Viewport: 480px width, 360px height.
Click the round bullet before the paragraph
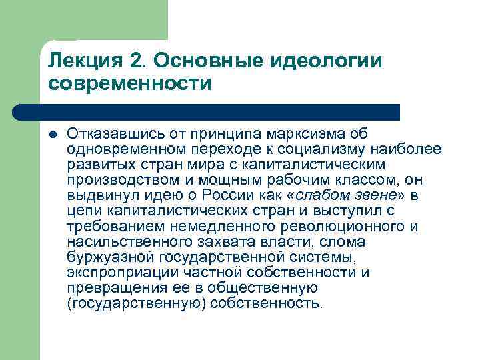click(x=53, y=134)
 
